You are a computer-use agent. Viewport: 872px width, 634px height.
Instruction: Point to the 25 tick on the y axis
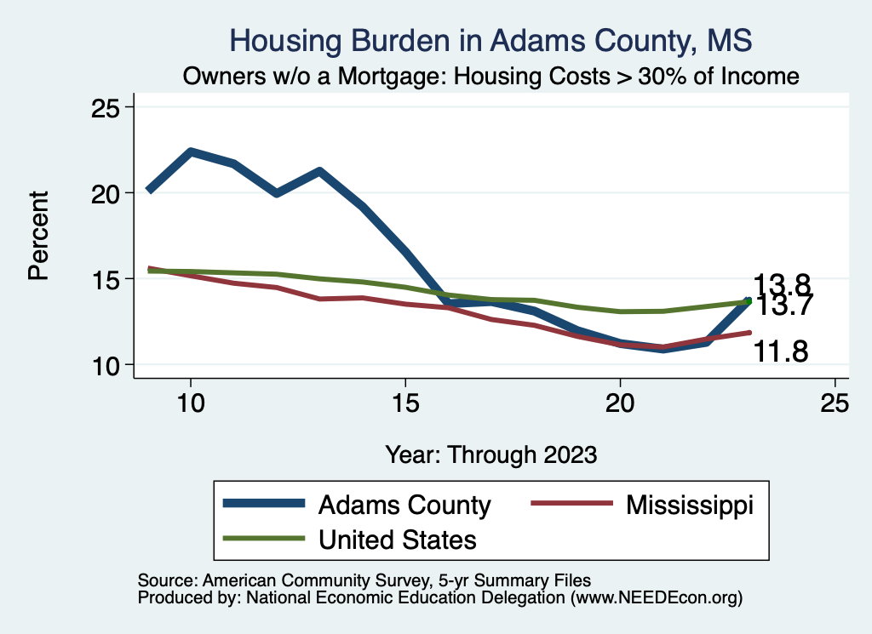(107, 107)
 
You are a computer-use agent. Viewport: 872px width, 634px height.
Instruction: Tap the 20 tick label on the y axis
(107, 193)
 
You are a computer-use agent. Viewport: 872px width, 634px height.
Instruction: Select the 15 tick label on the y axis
(107, 279)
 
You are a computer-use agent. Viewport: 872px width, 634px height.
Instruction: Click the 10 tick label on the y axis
(107, 365)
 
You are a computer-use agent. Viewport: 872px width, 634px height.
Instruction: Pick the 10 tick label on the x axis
(191, 403)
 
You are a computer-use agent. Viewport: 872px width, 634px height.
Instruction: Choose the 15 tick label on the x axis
(405, 403)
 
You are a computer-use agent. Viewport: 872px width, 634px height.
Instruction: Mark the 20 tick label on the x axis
(620, 403)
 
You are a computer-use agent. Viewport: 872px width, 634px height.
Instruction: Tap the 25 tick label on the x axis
(835, 403)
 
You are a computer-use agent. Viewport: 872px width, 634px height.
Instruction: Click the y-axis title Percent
(38, 236)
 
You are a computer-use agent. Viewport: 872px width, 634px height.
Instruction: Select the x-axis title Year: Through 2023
(491, 454)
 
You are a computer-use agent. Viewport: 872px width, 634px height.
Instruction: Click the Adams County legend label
(404, 505)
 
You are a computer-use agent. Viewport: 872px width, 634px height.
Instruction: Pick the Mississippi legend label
(690, 505)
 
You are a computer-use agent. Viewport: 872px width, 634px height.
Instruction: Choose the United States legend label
(397, 540)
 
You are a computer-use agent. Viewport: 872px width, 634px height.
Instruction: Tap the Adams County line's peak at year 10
(191, 152)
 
